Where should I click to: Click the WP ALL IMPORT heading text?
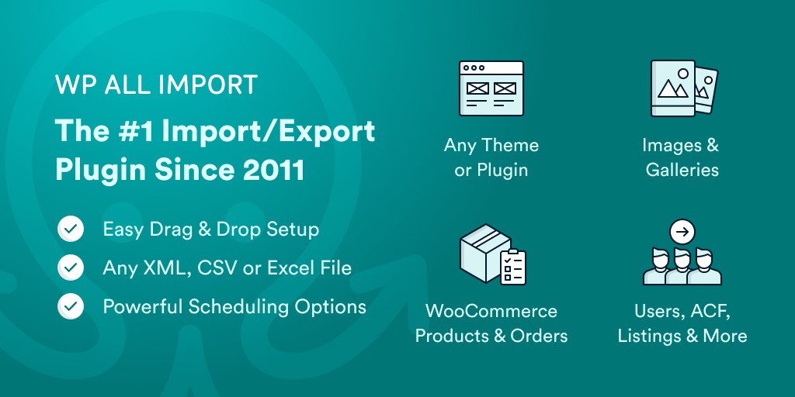click(156, 85)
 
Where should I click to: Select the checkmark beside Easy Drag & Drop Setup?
click(71, 229)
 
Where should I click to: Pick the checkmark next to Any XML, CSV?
click(71, 268)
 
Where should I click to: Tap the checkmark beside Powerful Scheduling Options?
click(71, 306)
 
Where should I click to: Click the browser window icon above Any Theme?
click(491, 88)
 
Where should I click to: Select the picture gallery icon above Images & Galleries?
click(684, 88)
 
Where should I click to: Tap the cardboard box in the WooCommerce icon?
click(484, 253)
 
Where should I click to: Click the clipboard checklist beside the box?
click(513, 267)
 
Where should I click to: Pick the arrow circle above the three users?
click(682, 233)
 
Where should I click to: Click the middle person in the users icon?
click(682, 267)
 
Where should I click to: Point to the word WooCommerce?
click(491, 310)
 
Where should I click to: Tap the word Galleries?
click(682, 170)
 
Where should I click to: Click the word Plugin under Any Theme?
click(502, 171)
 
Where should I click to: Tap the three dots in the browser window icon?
click(474, 67)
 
